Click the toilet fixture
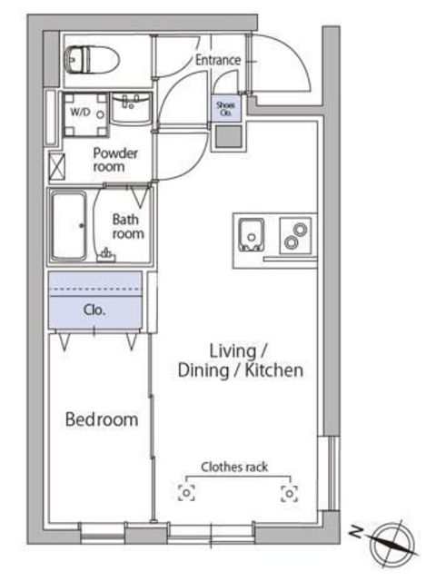pos(92,59)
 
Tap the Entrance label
pos(218,60)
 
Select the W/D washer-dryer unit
pos(85,115)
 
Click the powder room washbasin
pos(131,108)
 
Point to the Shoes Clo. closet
pos(226,109)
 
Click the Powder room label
pos(115,160)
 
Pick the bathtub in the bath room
pos(69,225)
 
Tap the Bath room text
pos(128,226)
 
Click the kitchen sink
pos(252,234)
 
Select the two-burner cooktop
pos(295,236)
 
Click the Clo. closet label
pos(94,310)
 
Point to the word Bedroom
pos(102,419)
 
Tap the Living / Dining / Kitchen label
pos(240,361)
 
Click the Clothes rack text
pos(234,467)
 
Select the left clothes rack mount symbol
pos(186,493)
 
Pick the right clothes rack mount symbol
pos(290,494)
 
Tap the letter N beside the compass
pos(356,531)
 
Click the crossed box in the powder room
pos(57,167)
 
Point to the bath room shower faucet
pos(106,255)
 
